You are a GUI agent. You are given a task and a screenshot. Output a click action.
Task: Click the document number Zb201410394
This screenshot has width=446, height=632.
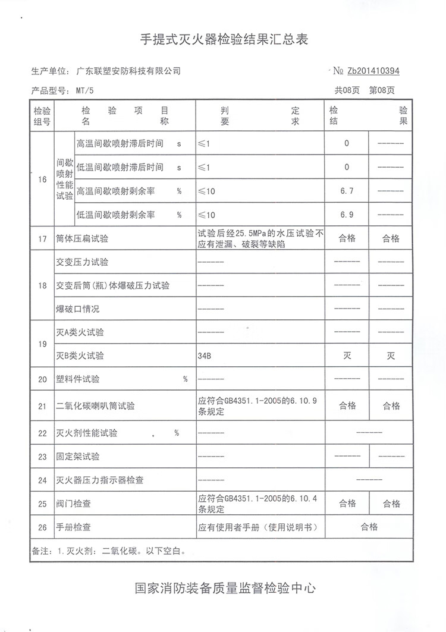tap(373, 71)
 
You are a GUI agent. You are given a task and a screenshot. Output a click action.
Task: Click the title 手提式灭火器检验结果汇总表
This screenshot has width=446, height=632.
tap(223, 40)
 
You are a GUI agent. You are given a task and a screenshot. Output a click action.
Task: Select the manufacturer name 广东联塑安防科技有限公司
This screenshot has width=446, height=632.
tap(128, 71)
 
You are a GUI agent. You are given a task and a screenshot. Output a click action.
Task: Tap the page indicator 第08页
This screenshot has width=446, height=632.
tap(382, 91)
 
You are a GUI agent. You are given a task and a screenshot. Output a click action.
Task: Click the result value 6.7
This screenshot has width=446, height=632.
tap(347, 191)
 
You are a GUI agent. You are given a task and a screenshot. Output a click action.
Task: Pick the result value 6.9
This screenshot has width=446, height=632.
tap(347, 215)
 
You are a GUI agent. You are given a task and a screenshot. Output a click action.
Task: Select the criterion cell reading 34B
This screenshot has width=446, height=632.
tap(204, 356)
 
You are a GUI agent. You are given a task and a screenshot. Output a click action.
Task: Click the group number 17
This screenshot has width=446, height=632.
tap(42, 239)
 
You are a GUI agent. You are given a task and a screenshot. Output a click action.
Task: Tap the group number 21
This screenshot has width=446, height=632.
tap(42, 407)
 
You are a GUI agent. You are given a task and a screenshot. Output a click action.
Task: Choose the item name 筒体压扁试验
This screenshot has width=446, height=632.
tap(82, 239)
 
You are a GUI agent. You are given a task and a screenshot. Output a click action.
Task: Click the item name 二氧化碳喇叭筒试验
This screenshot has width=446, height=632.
tap(95, 407)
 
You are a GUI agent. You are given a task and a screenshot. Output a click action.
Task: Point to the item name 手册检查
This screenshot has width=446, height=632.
tap(73, 527)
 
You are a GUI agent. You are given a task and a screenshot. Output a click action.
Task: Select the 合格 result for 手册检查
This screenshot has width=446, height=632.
tap(369, 527)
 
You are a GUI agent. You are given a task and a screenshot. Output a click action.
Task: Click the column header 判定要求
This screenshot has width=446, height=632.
tap(260, 116)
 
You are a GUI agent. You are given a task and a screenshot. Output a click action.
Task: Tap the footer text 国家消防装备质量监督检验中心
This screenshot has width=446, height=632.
tap(223, 589)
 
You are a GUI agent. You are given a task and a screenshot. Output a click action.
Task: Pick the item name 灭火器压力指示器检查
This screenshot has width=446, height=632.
tap(99, 480)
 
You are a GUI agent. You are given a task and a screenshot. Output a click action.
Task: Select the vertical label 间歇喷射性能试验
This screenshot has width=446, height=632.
tap(64, 178)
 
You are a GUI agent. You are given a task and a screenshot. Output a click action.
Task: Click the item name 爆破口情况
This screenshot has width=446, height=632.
tap(77, 309)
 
